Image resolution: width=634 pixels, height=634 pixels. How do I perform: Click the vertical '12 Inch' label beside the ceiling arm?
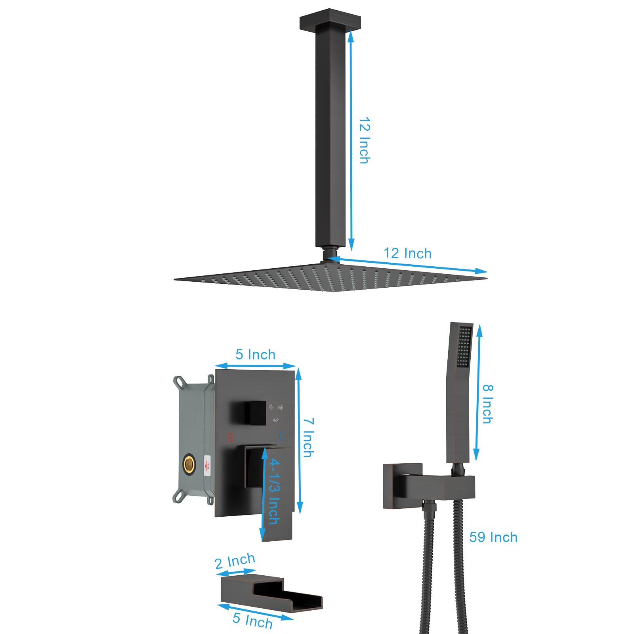click(x=364, y=140)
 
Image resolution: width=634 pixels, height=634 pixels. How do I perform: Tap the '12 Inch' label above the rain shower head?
click(x=407, y=253)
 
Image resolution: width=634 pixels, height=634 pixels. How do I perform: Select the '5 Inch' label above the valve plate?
click(x=255, y=354)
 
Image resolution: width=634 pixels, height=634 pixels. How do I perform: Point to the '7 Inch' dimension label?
click(x=308, y=437)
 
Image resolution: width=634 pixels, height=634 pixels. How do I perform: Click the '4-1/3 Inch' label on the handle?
click(x=274, y=491)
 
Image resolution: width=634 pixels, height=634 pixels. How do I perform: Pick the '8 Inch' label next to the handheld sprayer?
click(x=488, y=404)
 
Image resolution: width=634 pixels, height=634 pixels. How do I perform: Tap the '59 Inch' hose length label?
click(x=493, y=537)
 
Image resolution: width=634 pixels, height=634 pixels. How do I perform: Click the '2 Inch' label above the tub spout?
click(x=235, y=561)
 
